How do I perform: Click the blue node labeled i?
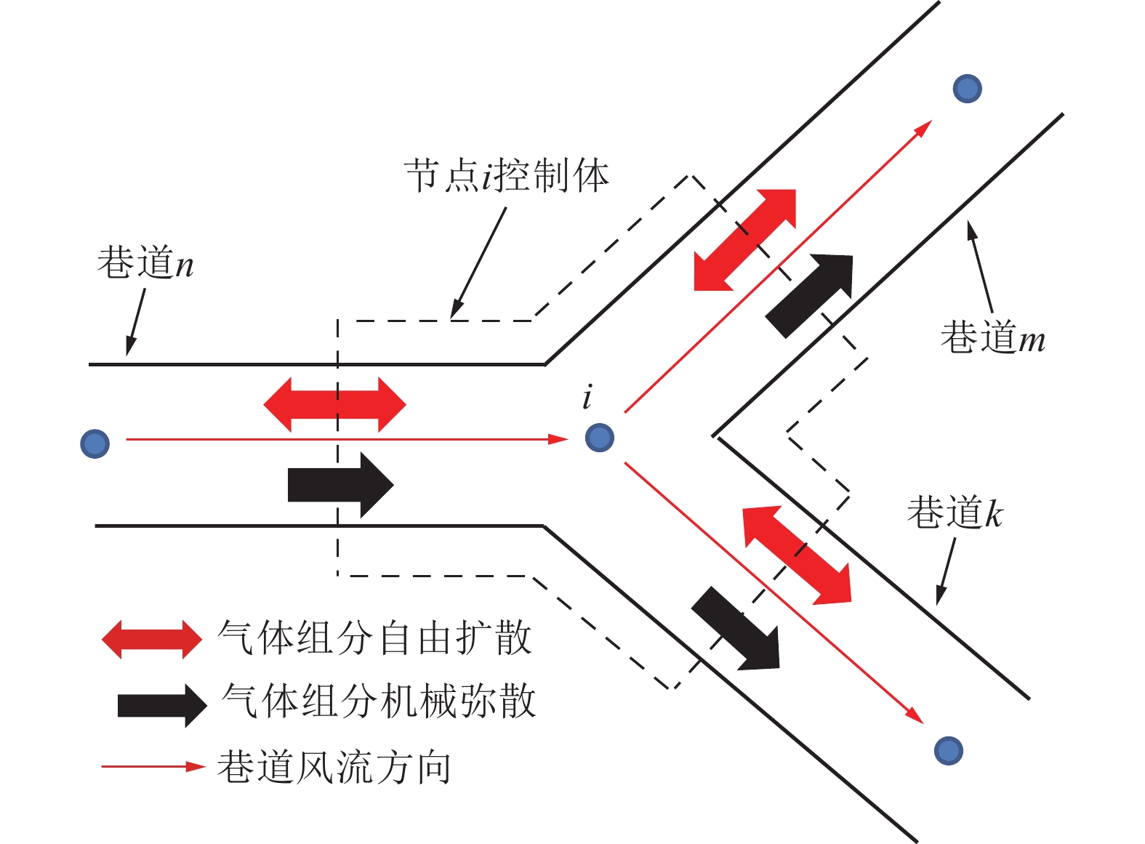[x=600, y=438]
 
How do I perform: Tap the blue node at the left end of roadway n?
[x=95, y=443]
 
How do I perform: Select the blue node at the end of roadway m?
[x=967, y=89]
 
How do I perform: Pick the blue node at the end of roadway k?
[x=948, y=750]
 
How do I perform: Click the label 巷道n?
[x=145, y=262]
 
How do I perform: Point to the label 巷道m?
[x=992, y=337]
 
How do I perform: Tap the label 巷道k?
[x=955, y=513]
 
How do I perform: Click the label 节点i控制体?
[x=507, y=176]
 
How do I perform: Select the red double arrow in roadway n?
[x=334, y=404]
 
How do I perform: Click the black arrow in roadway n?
[x=340, y=485]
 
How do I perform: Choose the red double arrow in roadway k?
[x=797, y=555]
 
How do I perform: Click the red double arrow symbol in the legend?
[x=151, y=640]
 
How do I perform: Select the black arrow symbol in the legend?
[x=162, y=705]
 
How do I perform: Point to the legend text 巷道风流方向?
[x=334, y=767]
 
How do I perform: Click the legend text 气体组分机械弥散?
[x=379, y=702]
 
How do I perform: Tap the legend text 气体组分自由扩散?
[x=375, y=638]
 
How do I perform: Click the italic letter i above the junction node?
[x=587, y=397]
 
